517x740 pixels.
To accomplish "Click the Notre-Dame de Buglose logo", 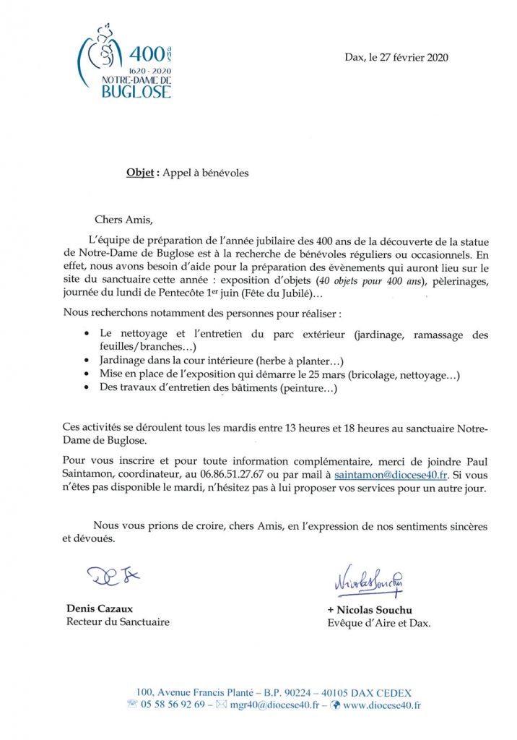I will tap(124, 64).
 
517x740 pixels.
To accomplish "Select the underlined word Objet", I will tap(141, 173).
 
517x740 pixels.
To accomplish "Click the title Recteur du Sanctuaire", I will tap(118, 621).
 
